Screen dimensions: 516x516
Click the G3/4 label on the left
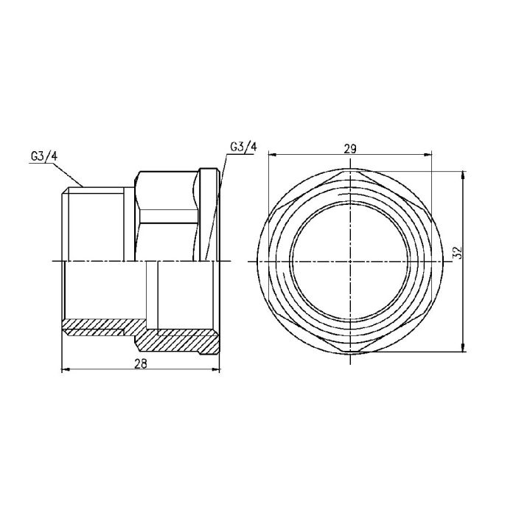coord(43,156)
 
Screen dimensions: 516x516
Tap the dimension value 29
coord(351,147)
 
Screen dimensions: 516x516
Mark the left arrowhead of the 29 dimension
coord(270,155)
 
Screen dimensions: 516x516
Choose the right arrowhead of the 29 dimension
coord(430,155)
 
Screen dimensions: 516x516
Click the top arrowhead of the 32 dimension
coord(463,175)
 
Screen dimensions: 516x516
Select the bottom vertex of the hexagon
coord(350,352)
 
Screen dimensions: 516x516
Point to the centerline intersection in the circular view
coord(350,262)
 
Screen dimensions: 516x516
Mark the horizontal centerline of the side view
coord(111,262)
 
